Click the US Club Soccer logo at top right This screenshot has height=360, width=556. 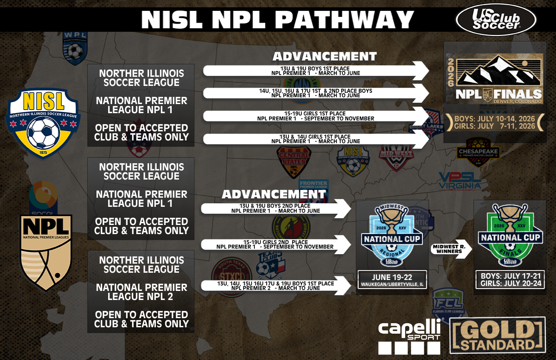point(496,20)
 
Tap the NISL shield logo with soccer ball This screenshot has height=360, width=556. point(43,122)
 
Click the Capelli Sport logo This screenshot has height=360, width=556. point(410,336)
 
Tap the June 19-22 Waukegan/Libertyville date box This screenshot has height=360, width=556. point(392,280)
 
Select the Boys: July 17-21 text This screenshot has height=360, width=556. point(511,275)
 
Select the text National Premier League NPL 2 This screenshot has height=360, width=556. point(141,292)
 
